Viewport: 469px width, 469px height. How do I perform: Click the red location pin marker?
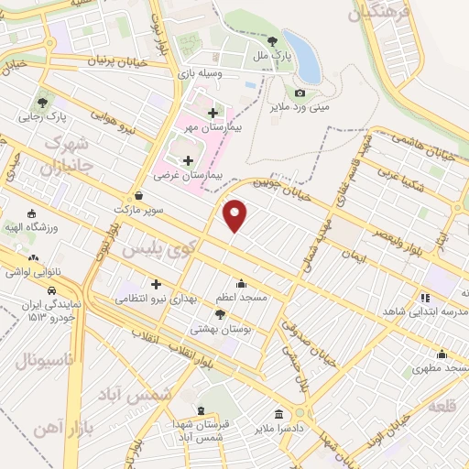click(x=235, y=214)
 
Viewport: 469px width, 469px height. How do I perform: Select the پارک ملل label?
click(x=274, y=56)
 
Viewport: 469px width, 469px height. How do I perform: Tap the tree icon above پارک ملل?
click(x=273, y=40)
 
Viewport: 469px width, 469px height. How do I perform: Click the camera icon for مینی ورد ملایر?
click(x=300, y=93)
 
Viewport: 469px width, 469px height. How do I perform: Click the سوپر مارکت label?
click(x=138, y=210)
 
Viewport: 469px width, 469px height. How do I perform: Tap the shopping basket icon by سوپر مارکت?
click(x=137, y=195)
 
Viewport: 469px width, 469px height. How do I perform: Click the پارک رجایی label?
click(x=45, y=118)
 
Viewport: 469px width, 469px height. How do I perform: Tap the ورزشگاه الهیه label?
click(x=33, y=226)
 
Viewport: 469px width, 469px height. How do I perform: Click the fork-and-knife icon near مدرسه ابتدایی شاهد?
click(x=423, y=298)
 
